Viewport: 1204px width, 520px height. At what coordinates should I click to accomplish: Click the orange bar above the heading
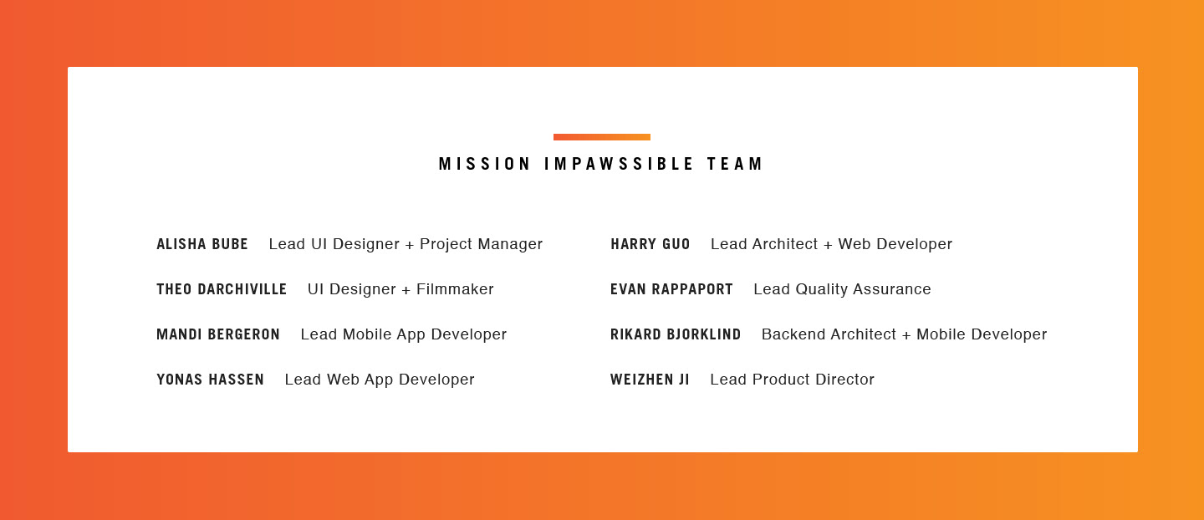tap(601, 137)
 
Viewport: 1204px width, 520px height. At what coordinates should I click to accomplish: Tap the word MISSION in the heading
tap(485, 164)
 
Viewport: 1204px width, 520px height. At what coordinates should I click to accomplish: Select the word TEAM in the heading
tap(735, 164)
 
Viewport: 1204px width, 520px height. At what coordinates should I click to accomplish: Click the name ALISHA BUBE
tap(202, 244)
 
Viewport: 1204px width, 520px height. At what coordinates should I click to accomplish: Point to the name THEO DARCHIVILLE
tap(222, 289)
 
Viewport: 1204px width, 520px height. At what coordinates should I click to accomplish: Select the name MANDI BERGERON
tap(218, 334)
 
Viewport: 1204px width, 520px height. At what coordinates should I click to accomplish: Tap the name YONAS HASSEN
tap(210, 380)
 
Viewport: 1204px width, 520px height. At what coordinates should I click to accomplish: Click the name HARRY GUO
tap(650, 244)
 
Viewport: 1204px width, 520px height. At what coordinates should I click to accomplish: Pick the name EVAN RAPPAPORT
tap(671, 289)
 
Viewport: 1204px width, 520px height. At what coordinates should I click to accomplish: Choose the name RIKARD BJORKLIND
tap(676, 334)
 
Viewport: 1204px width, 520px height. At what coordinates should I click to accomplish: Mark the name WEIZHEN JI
tap(650, 380)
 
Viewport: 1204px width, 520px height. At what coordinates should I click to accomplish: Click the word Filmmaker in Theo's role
tap(455, 289)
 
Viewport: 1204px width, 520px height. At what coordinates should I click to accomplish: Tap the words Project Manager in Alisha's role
tap(481, 244)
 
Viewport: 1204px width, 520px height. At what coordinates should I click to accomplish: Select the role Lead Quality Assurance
tap(842, 289)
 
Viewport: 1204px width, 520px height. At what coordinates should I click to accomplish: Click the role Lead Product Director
tap(793, 380)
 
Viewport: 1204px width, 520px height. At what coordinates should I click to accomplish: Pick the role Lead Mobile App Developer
tap(404, 334)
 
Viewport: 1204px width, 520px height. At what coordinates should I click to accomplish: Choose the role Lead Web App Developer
tap(380, 380)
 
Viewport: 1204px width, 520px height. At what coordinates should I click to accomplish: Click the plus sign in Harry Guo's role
tap(828, 245)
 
